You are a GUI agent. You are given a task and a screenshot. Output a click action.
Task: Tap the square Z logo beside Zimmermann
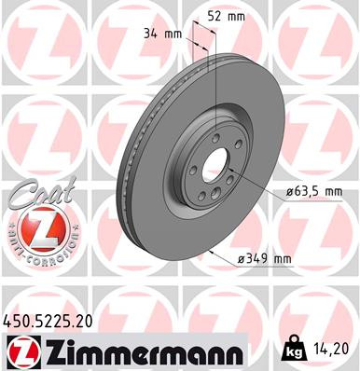(x=20, y=351)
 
